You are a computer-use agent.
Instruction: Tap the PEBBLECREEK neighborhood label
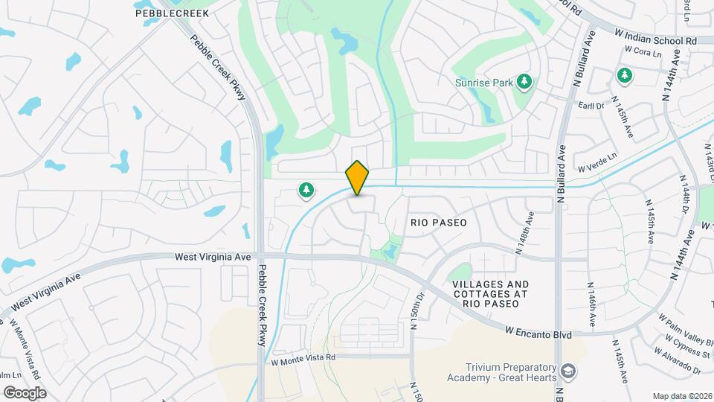(x=172, y=13)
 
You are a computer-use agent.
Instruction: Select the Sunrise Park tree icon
(x=525, y=81)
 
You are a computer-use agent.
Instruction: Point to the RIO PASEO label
(x=439, y=223)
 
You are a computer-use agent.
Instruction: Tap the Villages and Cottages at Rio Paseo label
(x=490, y=294)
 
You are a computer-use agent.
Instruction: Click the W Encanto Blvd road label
(x=538, y=332)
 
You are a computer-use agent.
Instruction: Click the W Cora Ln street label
(x=638, y=51)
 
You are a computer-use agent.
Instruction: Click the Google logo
(x=25, y=392)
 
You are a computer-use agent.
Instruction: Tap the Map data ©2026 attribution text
(x=682, y=395)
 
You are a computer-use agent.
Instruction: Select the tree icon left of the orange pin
(x=306, y=191)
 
